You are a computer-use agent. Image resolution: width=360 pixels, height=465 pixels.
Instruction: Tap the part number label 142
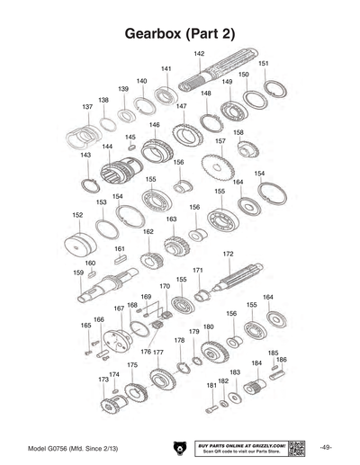[x=199, y=54]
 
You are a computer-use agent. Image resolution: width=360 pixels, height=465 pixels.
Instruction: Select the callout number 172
[x=228, y=254]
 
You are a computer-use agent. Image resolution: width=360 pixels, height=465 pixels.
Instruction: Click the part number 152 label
[x=77, y=216]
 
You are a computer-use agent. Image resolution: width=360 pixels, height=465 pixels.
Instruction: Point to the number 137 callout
[x=87, y=106]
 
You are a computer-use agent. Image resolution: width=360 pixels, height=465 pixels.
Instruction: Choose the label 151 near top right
[x=263, y=64]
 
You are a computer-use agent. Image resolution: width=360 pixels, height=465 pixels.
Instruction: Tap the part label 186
[x=282, y=360]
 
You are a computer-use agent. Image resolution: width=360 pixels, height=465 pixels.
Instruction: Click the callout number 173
[x=103, y=380]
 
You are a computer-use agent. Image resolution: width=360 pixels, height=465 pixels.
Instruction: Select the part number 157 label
[x=220, y=141]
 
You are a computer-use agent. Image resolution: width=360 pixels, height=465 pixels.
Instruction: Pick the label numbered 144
[x=107, y=147]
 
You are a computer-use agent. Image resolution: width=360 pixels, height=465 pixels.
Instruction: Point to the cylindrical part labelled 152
[x=81, y=243]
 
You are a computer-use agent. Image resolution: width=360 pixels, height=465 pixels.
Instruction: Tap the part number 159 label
[x=78, y=273]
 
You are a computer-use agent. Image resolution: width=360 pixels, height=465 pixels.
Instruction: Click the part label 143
[x=85, y=155]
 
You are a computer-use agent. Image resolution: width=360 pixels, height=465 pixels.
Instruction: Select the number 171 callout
[x=197, y=270]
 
